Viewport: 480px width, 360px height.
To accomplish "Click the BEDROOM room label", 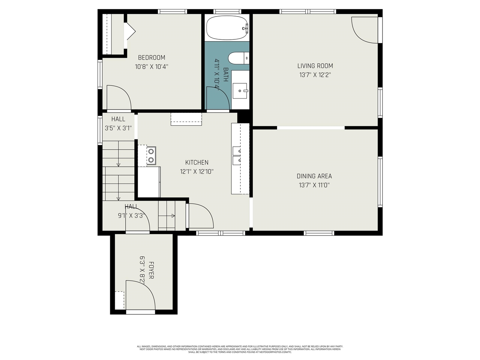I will coord(151,58).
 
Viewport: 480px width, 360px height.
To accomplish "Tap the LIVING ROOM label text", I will coord(315,66).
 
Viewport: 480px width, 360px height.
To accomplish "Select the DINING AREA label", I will coord(314,176).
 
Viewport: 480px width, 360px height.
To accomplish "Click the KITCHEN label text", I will coord(197,162).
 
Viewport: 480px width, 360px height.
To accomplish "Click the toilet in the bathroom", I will coord(238,58).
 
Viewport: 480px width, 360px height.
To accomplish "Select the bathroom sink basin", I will coord(240,90).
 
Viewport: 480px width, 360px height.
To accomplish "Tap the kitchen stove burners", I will coord(151,156).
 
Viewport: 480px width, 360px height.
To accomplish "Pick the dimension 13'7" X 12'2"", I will coord(315,75).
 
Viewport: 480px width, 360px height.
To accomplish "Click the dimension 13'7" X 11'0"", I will coord(314,185).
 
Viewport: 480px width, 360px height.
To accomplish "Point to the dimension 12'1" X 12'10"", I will coord(197,172).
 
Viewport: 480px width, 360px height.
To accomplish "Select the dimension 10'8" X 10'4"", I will coord(151,67).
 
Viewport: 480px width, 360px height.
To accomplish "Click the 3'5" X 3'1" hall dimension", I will coord(118,128).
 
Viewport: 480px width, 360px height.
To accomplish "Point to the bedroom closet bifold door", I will coord(130,31).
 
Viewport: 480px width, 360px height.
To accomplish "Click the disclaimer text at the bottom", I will coord(240,349).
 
